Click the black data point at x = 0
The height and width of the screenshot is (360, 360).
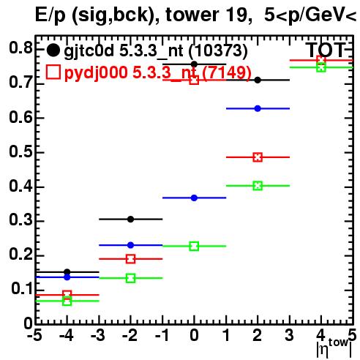point(194,64)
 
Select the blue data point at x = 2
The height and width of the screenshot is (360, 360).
point(258,108)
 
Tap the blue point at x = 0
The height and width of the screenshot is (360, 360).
point(194,198)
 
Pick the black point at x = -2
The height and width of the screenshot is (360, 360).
point(131,220)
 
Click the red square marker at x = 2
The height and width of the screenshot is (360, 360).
point(258,157)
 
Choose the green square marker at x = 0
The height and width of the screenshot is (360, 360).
point(194,246)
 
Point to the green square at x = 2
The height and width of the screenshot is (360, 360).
point(258,186)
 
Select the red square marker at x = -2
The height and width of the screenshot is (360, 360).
point(131,259)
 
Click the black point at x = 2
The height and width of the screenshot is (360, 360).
point(258,80)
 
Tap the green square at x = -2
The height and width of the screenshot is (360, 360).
point(131,278)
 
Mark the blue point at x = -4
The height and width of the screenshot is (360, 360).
point(67,277)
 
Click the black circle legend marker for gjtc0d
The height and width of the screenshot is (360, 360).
point(53,50)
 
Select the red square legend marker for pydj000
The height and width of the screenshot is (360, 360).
point(53,72)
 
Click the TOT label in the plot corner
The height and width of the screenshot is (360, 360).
point(326,50)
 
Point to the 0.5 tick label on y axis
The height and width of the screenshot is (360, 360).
point(20,151)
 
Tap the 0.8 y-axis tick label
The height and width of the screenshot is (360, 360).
point(20,48)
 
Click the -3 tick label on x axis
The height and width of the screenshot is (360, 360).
point(98,335)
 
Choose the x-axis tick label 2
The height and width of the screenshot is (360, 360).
point(258,335)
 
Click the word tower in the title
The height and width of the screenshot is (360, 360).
point(192,15)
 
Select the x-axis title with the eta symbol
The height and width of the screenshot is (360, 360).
point(334,348)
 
